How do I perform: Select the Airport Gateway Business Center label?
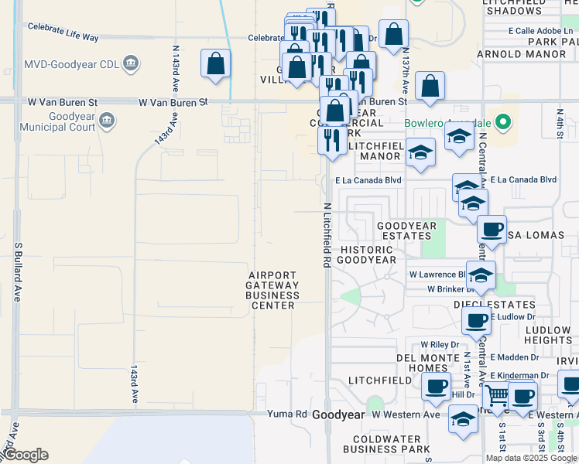tap(272, 290)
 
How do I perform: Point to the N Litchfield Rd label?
tap(327, 235)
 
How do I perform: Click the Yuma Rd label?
tap(286, 415)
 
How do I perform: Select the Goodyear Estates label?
tap(406, 231)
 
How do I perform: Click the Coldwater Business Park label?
tap(386, 444)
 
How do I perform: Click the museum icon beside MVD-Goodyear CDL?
tap(131, 63)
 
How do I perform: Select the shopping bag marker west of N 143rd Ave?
tap(215, 63)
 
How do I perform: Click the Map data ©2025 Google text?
tap(531, 458)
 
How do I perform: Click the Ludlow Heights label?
tap(548, 335)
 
